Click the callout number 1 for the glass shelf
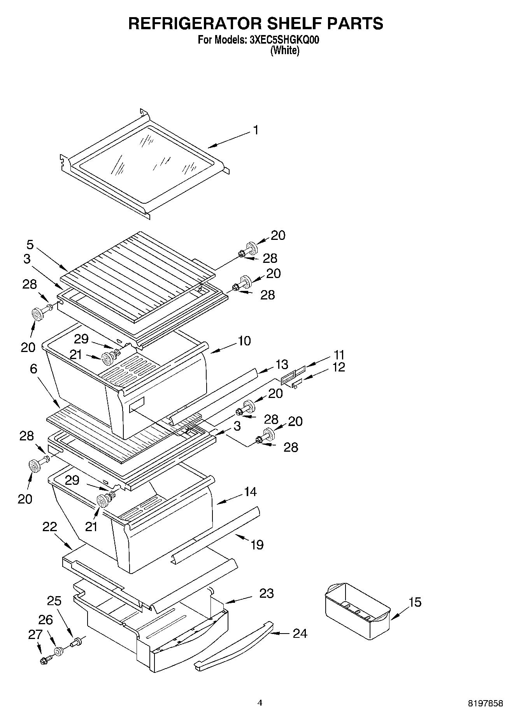point(256,130)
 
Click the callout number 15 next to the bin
point(415,602)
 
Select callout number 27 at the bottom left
point(35,635)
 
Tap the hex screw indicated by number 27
point(45,660)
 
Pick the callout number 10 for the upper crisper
point(244,341)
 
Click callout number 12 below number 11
point(339,367)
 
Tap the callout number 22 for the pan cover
point(50,527)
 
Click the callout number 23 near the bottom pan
point(267,593)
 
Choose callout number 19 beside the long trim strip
point(257,544)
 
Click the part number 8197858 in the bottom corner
point(485,703)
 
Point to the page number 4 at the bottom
point(260,702)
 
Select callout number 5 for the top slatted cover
point(30,245)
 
